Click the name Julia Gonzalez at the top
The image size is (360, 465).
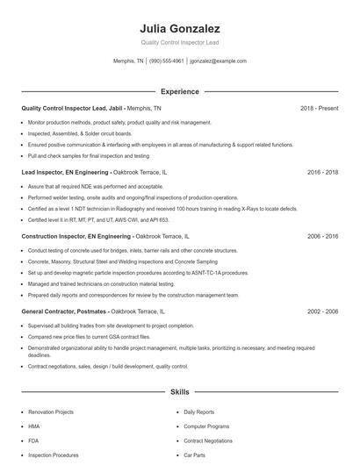click(x=179, y=28)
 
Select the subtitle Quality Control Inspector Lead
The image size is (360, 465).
click(x=179, y=42)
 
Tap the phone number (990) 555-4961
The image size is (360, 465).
click(x=167, y=61)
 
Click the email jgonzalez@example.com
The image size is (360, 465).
click(x=219, y=61)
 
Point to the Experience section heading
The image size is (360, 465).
click(x=179, y=91)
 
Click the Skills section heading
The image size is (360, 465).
click(x=179, y=392)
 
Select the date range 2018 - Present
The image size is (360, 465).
click(x=319, y=108)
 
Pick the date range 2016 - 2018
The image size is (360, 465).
click(x=322, y=172)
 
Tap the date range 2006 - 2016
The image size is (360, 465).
click(x=322, y=236)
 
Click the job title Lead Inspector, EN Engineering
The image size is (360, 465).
click(x=65, y=172)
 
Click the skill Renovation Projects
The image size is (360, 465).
click(x=50, y=411)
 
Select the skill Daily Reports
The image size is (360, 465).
click(x=198, y=411)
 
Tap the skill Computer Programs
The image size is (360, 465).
click(x=206, y=426)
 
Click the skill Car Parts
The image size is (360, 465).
click(x=194, y=455)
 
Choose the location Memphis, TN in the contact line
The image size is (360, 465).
click(x=128, y=61)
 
